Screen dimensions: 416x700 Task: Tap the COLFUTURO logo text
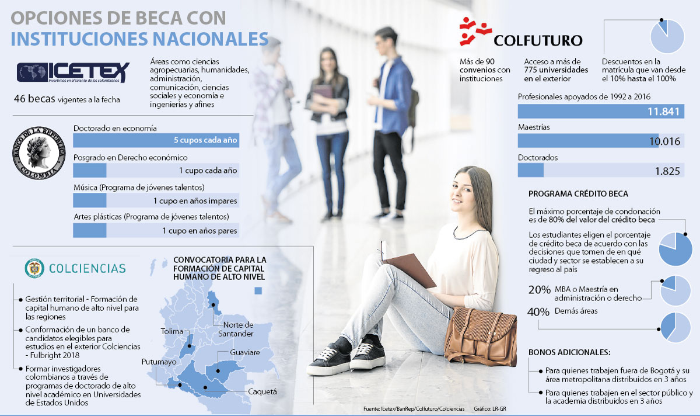537,40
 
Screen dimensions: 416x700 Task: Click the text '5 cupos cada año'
205,140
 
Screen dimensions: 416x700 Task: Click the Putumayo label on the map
159,362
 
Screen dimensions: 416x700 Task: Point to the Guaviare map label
245,353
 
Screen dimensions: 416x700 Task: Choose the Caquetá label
262,391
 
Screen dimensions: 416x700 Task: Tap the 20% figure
539,290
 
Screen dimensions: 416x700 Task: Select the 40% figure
539,312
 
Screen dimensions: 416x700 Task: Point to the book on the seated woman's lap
410,269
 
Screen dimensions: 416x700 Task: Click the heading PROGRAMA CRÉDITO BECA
578,194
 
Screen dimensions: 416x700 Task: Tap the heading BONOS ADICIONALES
569,353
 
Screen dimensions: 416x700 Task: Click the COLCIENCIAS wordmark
87,268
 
